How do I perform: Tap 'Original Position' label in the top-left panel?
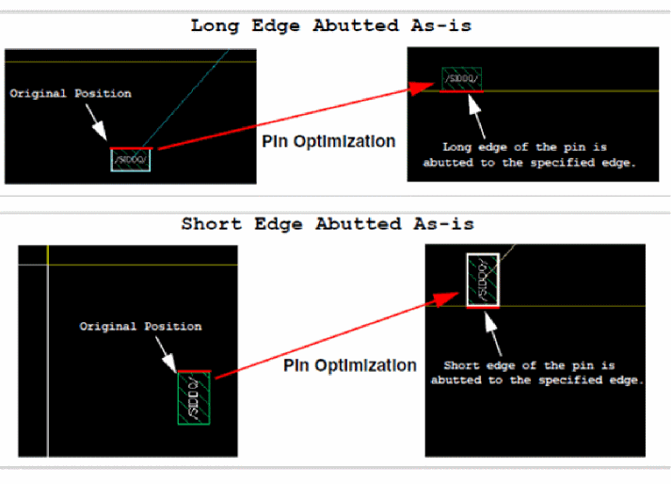(x=71, y=94)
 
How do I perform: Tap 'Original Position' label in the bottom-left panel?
(x=140, y=327)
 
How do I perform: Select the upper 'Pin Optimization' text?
(x=328, y=142)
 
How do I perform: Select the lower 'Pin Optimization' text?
(x=349, y=365)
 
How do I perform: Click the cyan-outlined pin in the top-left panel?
(x=130, y=159)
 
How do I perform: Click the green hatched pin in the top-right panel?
(x=462, y=79)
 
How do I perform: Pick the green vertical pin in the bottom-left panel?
(x=194, y=397)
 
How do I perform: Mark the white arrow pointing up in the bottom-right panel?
(x=488, y=331)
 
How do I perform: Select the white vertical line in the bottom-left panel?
(x=47, y=377)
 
